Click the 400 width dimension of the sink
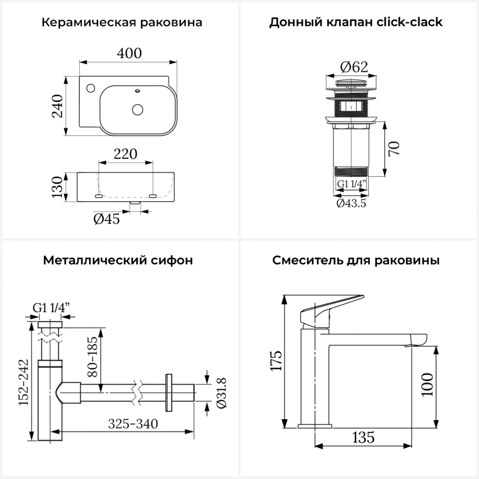pyautogui.click(x=129, y=53)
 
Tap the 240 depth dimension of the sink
pyautogui.click(x=58, y=106)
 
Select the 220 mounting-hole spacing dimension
pyautogui.click(x=125, y=154)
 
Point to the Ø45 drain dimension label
pyautogui.click(x=107, y=219)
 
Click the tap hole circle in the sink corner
pyautogui.click(x=91, y=87)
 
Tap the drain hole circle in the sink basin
pyautogui.click(x=138, y=110)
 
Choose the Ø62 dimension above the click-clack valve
pyautogui.click(x=354, y=67)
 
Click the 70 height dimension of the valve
pyautogui.click(x=394, y=148)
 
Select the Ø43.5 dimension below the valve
pyautogui.click(x=351, y=203)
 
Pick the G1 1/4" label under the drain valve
pyautogui.click(x=351, y=184)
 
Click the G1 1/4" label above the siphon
pyautogui.click(x=51, y=308)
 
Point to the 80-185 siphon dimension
pyautogui.click(x=92, y=357)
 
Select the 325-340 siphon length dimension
pyautogui.click(x=133, y=424)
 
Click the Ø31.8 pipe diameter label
pyautogui.click(x=222, y=393)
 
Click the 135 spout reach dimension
pyautogui.click(x=363, y=437)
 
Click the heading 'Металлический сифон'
pyautogui.click(x=118, y=260)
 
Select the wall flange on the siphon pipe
pyautogui.click(x=168, y=392)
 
